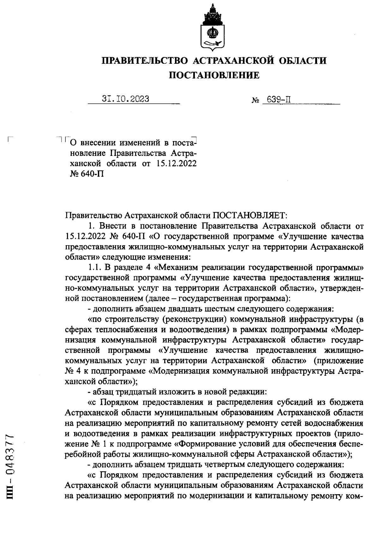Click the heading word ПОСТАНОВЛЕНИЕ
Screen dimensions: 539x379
coord(214,75)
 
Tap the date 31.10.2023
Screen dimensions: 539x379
coord(126,99)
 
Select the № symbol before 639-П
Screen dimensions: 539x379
coord(255,101)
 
